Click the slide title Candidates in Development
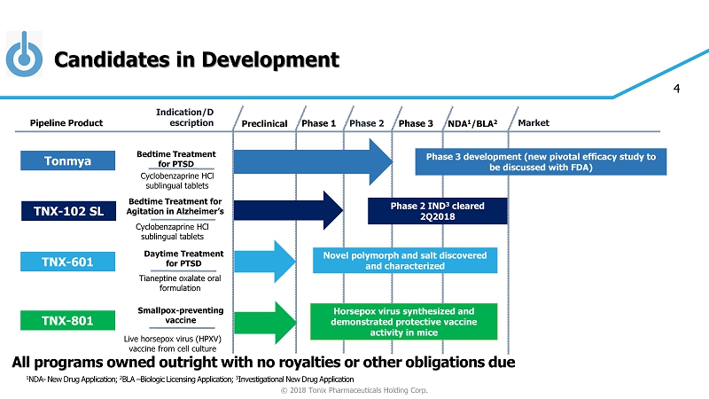[196, 59]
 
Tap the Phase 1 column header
[319, 123]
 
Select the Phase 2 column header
[367, 123]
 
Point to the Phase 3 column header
[416, 123]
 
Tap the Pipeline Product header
[66, 123]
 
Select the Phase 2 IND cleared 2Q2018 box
[438, 211]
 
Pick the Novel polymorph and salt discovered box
[403, 261]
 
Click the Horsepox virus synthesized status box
[403, 322]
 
